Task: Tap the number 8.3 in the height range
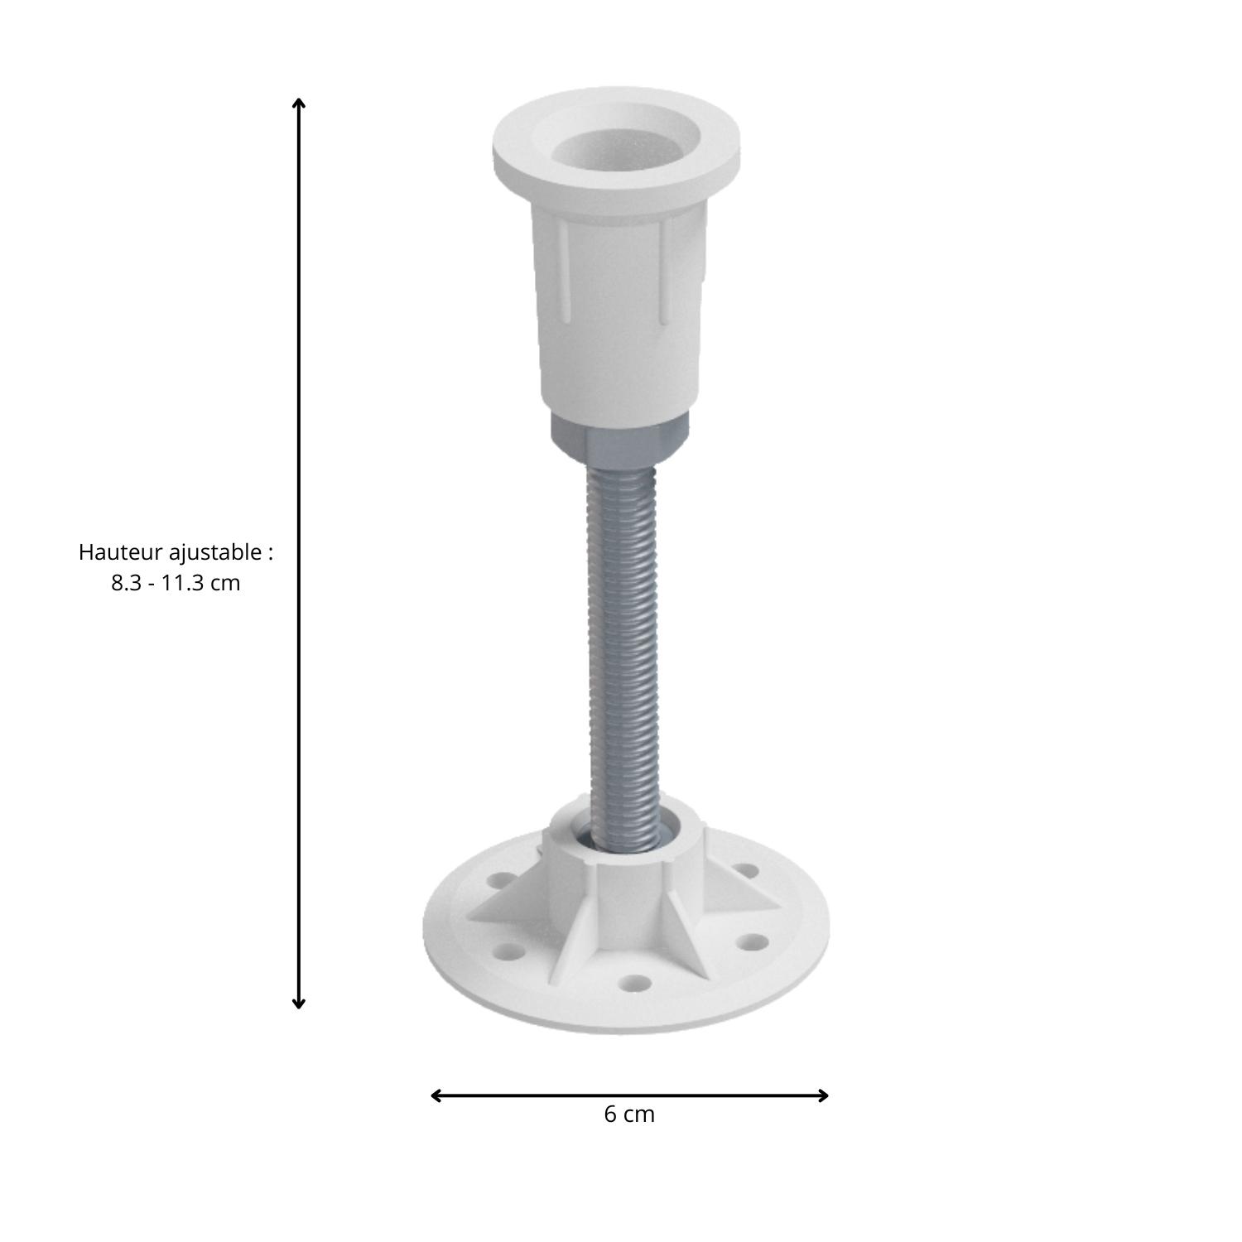coord(127,583)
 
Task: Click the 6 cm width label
coord(629,1114)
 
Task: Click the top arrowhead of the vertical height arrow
coord(299,103)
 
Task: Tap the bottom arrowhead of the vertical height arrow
coord(299,1004)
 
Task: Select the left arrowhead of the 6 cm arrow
coord(436,1095)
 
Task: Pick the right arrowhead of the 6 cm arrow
coord(823,1095)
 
